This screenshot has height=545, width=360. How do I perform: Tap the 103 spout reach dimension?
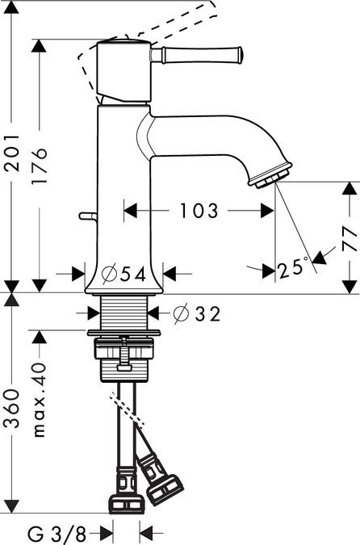point(198,212)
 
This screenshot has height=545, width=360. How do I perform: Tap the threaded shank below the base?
point(124,312)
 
